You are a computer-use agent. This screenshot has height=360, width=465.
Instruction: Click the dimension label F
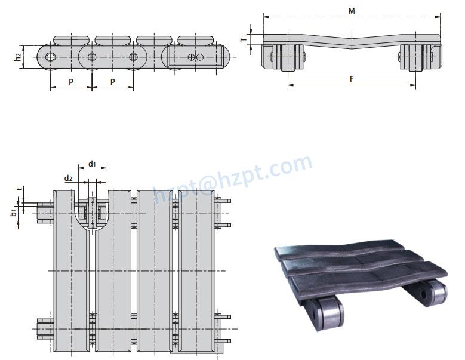tap(352, 79)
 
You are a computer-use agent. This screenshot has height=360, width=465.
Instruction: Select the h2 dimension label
tap(18, 57)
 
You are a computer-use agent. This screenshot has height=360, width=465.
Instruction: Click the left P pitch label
tap(71, 81)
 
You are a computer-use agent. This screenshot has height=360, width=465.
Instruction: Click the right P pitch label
tap(112, 81)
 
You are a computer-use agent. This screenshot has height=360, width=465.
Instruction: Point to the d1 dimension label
tap(92, 164)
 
